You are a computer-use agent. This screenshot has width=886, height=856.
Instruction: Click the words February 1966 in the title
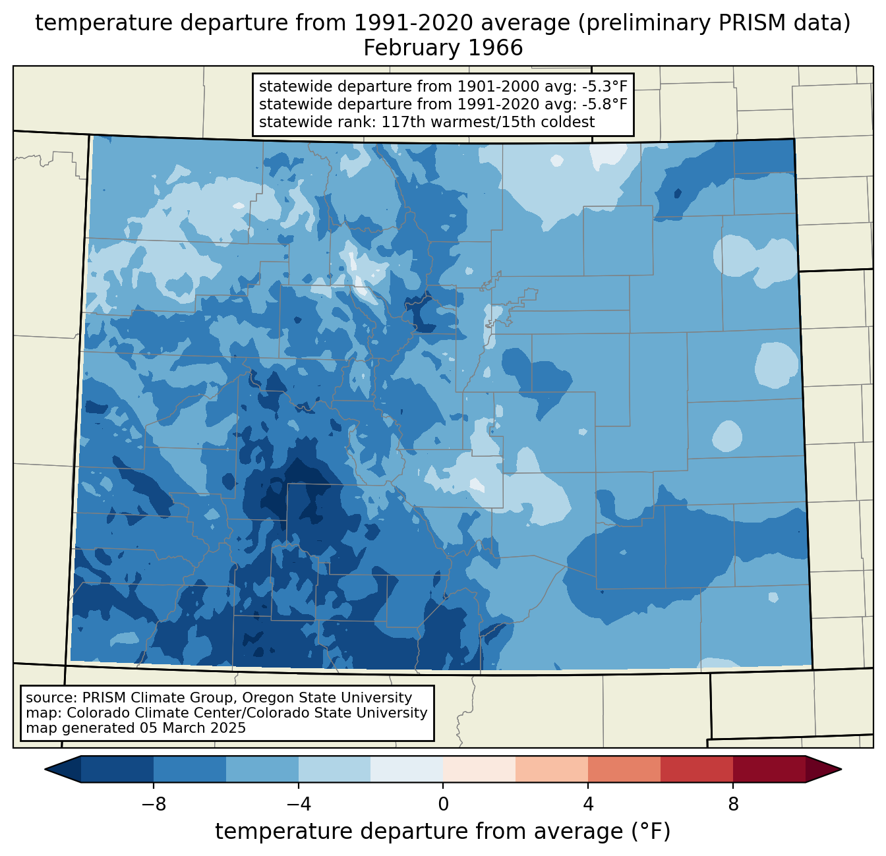click(x=443, y=48)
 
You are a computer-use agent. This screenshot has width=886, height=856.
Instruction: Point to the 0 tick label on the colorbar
click(x=443, y=804)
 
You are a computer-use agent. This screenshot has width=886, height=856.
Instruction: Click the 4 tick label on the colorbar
click(x=588, y=804)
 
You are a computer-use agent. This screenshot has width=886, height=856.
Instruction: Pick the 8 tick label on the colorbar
click(x=733, y=804)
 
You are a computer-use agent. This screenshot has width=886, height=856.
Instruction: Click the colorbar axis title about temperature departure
click(x=443, y=832)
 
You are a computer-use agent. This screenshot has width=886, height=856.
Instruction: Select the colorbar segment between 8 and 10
click(x=769, y=769)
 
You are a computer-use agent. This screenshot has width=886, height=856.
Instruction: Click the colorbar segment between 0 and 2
click(x=479, y=769)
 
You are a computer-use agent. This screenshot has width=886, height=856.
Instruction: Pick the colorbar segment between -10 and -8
click(x=117, y=769)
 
